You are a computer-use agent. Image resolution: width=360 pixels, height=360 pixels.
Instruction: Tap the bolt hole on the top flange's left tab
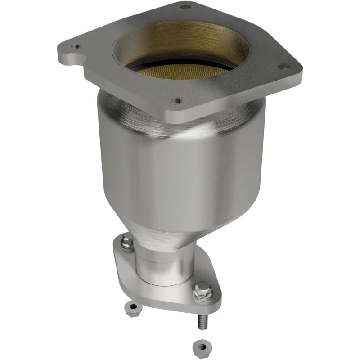[72, 46]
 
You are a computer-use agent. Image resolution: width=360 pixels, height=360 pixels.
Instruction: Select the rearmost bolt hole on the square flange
[185, 7]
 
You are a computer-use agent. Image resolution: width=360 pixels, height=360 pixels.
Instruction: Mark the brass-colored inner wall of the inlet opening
[180, 43]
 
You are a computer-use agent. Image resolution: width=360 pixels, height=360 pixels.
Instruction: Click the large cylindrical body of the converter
[180, 175]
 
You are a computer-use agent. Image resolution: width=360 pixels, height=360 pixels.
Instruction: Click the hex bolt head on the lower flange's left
[127, 242]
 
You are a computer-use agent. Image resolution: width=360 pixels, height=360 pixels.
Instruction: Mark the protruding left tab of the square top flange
[72, 52]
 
